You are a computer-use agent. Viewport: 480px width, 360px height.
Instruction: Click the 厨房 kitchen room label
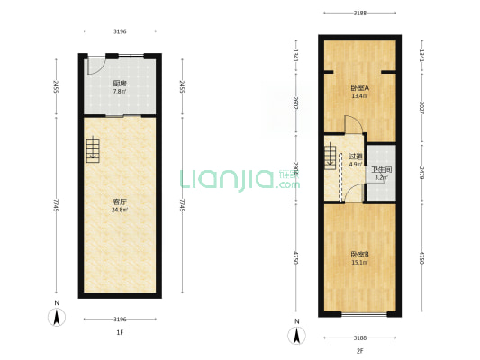pos(120,83)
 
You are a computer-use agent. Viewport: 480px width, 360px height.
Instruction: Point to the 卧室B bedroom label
pos(359,255)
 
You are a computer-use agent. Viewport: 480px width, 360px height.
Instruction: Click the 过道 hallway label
pos(355,157)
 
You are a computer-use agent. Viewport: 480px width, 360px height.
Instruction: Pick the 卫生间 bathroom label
pos(382,169)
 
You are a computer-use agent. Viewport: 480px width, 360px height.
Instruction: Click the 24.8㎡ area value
pos(120,211)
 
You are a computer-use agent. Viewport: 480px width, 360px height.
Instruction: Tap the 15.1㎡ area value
pos(359,263)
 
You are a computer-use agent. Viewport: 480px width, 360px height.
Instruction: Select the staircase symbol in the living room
pos(94,151)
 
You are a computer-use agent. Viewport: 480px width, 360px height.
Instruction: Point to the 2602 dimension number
pos(296,103)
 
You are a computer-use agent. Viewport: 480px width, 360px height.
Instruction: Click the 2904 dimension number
pos(296,169)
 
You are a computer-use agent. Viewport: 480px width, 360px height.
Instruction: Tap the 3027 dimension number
pos(421,103)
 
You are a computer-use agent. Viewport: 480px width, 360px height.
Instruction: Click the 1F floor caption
pos(120,333)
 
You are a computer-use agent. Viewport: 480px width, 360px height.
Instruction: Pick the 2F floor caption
pos(359,350)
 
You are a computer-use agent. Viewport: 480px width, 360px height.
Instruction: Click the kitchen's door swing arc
pos(95,67)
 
